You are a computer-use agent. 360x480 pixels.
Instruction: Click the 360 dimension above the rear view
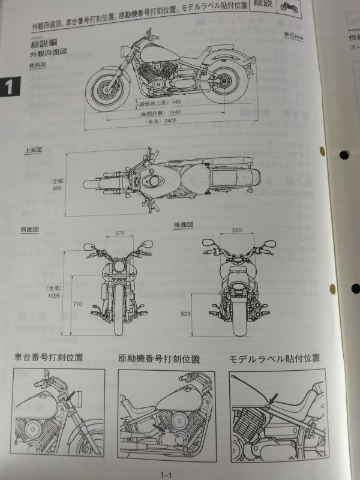click(236, 230)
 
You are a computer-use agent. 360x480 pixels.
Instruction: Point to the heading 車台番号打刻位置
click(49, 358)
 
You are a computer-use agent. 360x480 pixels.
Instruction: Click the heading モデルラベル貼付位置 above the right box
click(274, 359)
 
